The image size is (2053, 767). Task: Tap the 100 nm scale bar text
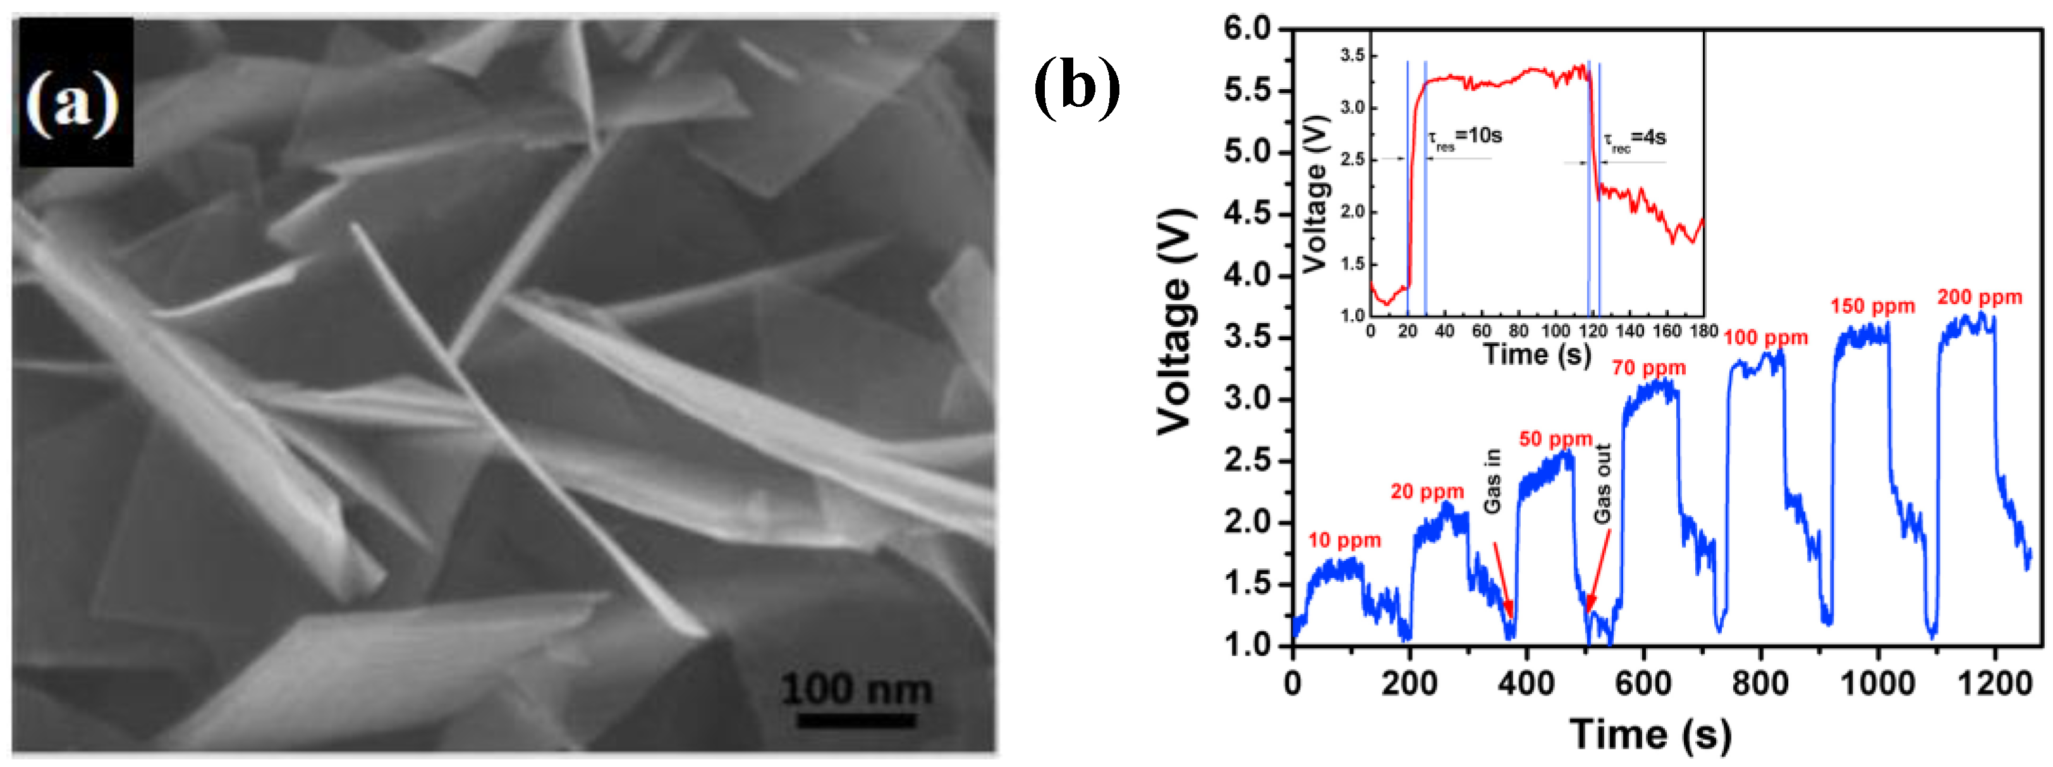click(x=856, y=689)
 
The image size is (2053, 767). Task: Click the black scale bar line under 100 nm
click(x=856, y=720)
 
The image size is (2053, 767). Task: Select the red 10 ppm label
click(x=1344, y=541)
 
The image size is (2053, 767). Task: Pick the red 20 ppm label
click(x=1427, y=492)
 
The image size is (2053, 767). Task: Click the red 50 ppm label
click(x=1555, y=439)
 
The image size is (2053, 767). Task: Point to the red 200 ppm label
click(x=1980, y=297)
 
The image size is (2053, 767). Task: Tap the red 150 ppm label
click(x=1872, y=306)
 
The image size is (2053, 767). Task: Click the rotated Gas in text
click(x=1493, y=481)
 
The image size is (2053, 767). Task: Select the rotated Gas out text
click(x=1603, y=483)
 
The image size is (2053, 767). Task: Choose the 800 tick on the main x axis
click(x=1760, y=684)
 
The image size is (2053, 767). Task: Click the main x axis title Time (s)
click(x=1650, y=733)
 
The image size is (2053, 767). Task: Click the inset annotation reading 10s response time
click(x=1464, y=137)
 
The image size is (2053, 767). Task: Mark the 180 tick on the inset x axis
click(x=1703, y=331)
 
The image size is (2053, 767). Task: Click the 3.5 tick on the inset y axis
click(x=1353, y=55)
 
